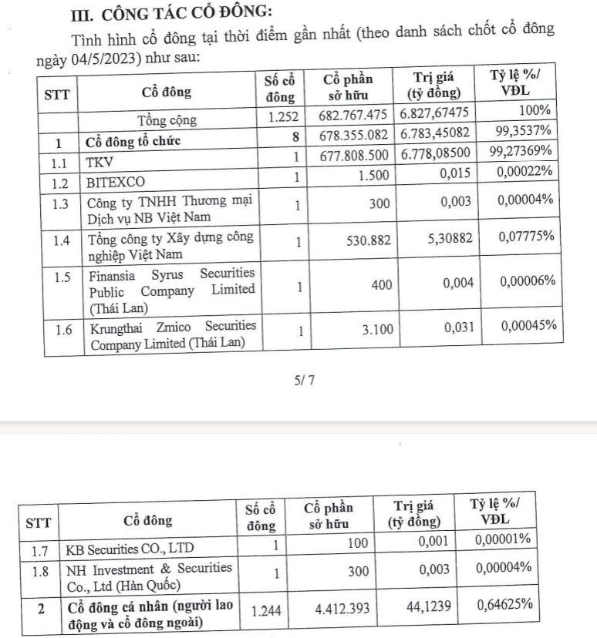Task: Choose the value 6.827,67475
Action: pos(434,120)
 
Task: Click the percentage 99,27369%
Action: pos(522,153)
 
